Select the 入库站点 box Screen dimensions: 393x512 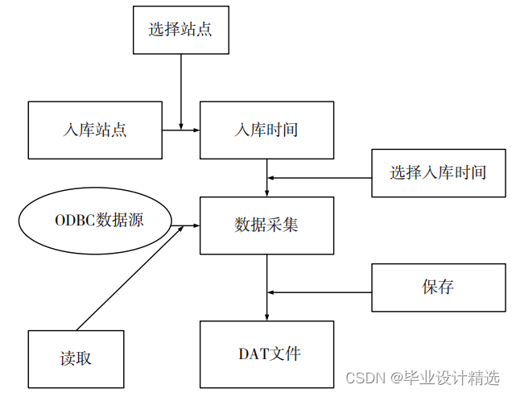tap(95, 130)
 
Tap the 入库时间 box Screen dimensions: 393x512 tap(266, 130)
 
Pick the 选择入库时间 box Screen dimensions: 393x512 tap(438, 172)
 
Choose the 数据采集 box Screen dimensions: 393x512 tap(266, 225)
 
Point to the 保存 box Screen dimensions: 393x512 tap(438, 287)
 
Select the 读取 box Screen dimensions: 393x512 tap(76, 358)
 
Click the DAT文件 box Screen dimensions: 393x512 tap(266, 353)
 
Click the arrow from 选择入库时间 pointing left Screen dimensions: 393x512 tap(322, 177)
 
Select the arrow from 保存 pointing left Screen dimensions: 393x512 tap(322, 292)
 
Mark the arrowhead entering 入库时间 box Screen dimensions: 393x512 tap(196, 130)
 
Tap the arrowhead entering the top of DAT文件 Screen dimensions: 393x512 tap(266, 316)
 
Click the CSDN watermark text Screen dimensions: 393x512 tap(364, 378)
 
